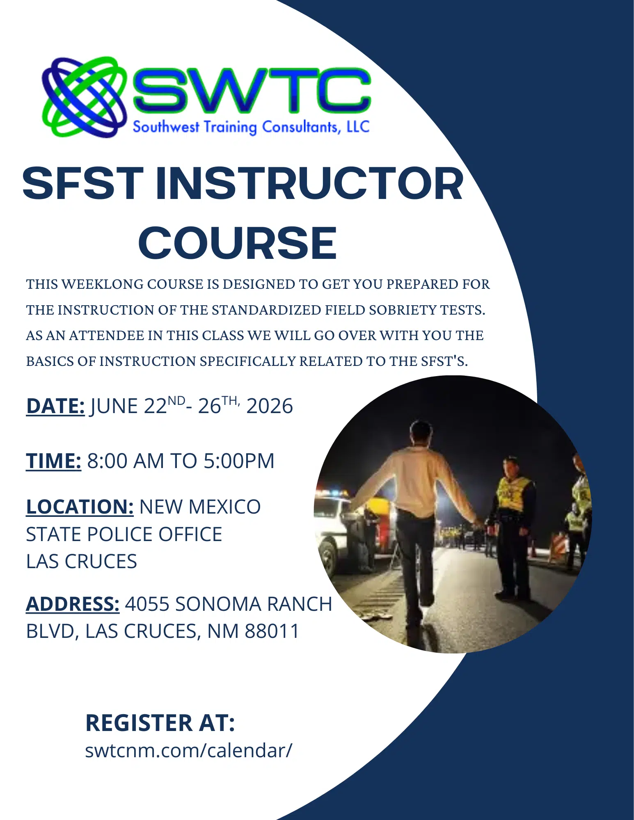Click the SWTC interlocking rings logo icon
click(x=85, y=97)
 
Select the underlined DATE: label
click(x=55, y=406)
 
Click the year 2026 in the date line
click(x=270, y=406)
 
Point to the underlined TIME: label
click(x=53, y=461)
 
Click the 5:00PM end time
click(x=239, y=461)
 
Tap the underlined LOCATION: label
click(x=80, y=507)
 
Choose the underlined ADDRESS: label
click(x=73, y=604)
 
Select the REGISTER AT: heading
click(x=160, y=723)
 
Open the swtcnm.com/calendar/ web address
click(x=189, y=750)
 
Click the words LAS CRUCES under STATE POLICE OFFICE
click(x=81, y=561)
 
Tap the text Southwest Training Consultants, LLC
click(x=251, y=127)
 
